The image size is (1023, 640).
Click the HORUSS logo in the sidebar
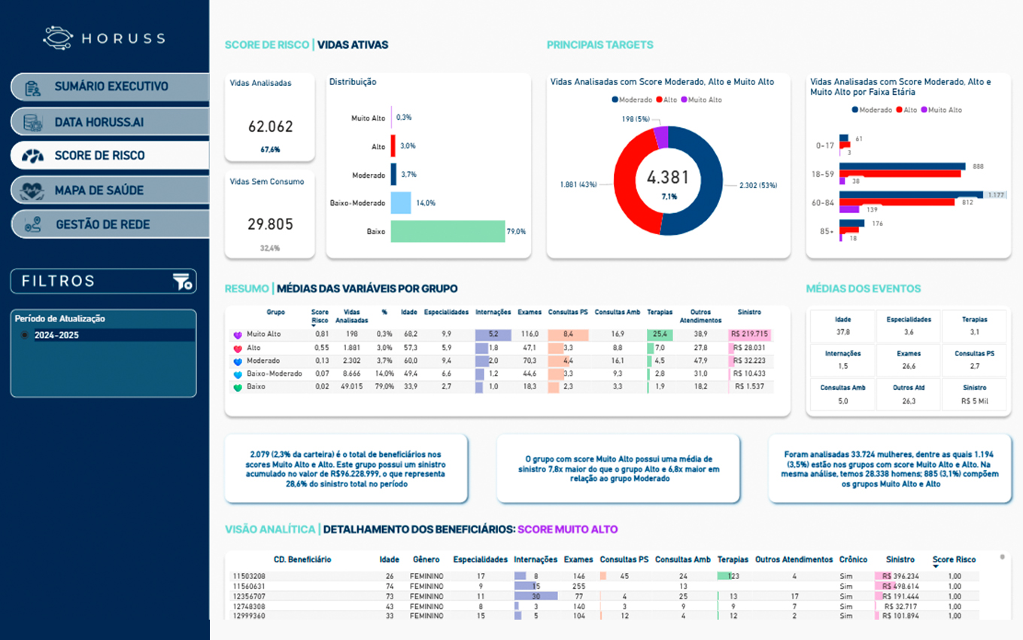pos(104,38)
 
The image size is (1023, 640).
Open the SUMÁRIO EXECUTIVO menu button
pos(110,87)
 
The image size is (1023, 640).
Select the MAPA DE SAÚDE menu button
pos(110,190)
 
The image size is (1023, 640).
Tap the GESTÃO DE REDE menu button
pos(110,224)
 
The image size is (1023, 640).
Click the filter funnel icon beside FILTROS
pos(182,282)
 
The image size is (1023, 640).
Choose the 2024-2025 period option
pos(56,335)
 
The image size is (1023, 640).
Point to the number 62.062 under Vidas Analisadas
pos(270,127)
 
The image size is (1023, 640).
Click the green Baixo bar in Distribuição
pos(448,231)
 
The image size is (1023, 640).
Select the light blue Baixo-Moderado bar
pos(400,203)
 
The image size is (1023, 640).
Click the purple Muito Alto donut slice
pos(661,136)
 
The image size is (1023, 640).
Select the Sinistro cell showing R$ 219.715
pos(750,334)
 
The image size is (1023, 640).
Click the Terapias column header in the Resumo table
pos(660,312)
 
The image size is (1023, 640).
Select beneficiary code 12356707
pos(249,596)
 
